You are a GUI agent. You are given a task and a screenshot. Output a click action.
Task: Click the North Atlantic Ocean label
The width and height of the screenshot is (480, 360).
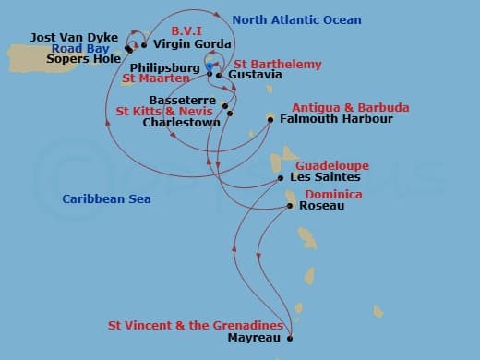(296, 20)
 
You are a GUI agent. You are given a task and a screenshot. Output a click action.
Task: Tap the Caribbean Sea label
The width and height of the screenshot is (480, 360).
(107, 199)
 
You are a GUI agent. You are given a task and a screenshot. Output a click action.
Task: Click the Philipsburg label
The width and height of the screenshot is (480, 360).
(164, 68)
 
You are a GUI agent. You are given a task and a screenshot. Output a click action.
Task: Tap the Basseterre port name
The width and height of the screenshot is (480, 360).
(182, 100)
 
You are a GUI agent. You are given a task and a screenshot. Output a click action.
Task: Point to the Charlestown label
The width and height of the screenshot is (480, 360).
(180, 121)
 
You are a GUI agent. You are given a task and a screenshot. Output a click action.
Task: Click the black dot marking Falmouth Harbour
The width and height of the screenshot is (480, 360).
(270, 118)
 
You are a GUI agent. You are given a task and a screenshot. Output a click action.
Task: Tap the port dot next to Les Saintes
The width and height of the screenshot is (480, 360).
(280, 178)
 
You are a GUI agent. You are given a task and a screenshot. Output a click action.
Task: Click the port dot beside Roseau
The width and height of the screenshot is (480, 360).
(291, 206)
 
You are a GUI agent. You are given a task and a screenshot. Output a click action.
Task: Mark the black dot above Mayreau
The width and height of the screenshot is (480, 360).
(290, 339)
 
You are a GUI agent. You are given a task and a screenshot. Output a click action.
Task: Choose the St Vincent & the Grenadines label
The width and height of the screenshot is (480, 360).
(195, 326)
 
